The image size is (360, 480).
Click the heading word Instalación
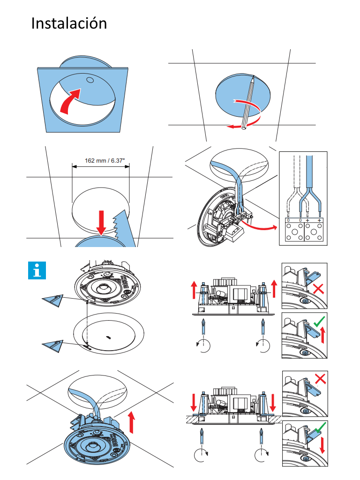(69, 23)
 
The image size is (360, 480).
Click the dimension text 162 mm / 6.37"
(101, 160)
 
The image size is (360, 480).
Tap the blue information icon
(37, 271)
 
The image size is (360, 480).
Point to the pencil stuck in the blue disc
(248, 101)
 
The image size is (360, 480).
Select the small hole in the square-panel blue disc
(89, 80)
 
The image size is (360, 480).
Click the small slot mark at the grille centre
(108, 337)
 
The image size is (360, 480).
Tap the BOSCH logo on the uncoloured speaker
(126, 283)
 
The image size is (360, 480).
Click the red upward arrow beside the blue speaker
(132, 421)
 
